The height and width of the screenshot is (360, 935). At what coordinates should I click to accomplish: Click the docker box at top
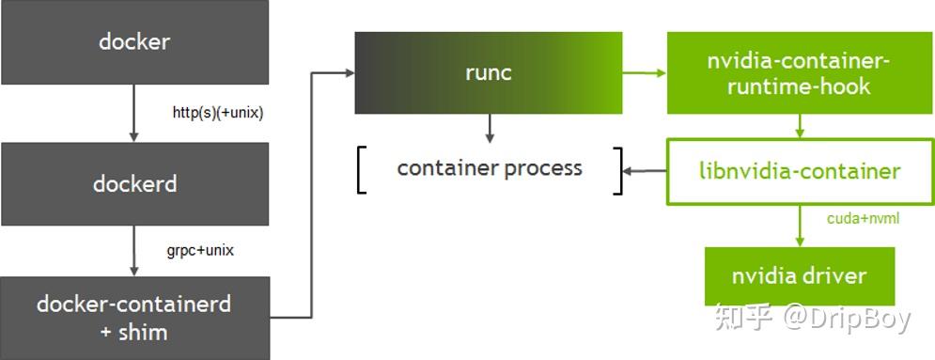pos(134,42)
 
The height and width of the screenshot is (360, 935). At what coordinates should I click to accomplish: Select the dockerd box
pos(134,183)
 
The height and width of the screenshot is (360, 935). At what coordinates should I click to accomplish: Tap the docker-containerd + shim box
pos(134,317)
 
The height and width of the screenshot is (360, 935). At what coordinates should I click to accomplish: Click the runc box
pos(488,72)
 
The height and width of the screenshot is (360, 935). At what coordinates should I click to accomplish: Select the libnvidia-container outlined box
pos(800,171)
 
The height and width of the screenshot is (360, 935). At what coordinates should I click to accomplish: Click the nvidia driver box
pos(799,276)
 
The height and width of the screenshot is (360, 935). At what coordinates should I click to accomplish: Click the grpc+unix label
pos(199,251)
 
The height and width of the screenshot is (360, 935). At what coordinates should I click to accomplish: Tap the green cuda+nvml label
pos(863,218)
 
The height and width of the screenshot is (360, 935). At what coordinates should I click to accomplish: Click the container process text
pos(490,168)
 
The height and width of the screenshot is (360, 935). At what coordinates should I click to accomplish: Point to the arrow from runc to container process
pos(489,129)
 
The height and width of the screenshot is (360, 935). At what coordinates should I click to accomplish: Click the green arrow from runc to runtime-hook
pos(644,72)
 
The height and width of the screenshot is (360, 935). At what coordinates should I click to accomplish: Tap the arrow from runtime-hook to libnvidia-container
pos(799,126)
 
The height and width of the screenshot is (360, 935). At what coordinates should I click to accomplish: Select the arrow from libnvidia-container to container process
pos(646,171)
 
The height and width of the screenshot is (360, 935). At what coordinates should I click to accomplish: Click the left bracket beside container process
pos(362,170)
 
